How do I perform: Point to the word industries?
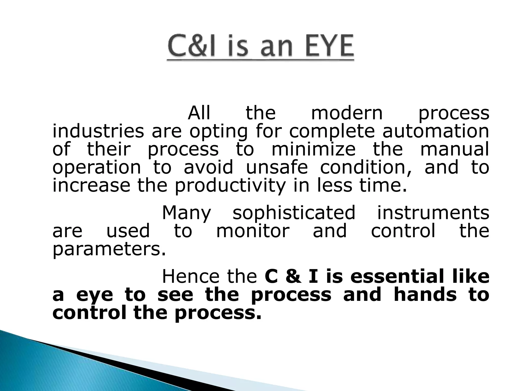(x=98, y=131)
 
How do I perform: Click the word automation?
(x=436, y=131)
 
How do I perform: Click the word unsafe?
(x=277, y=167)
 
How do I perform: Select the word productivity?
(x=230, y=186)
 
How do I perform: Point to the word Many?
(x=186, y=213)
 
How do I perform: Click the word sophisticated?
(x=294, y=213)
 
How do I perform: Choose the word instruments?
(x=433, y=213)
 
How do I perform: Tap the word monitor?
(x=253, y=231)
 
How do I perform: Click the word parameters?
(x=109, y=250)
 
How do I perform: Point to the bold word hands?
(x=425, y=295)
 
